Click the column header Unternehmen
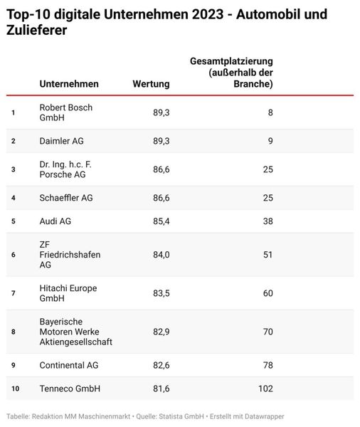[69, 84]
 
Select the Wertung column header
[151, 84]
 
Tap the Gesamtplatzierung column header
[231, 73]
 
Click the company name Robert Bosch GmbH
[66, 112]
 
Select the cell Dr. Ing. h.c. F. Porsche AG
[66, 169]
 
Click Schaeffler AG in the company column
[67, 198]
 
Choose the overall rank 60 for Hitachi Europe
[267, 293]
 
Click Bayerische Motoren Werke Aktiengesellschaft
[76, 332]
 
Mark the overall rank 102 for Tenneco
[264, 389]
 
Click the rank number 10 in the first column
[14, 389]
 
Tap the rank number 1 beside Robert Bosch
[13, 112]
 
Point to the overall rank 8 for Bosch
[270, 112]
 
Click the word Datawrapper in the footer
[265, 415]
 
